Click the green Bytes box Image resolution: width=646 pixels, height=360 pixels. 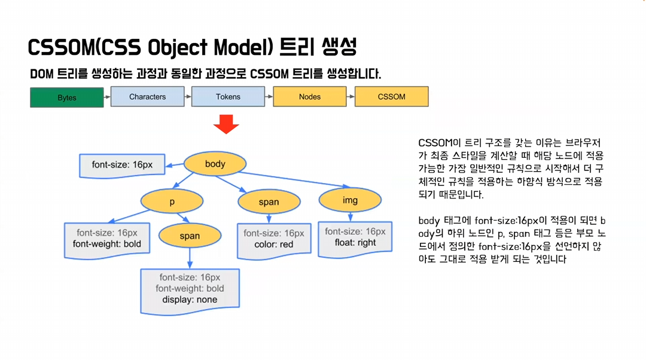[67, 97]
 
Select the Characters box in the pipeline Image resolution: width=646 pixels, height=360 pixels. [148, 97]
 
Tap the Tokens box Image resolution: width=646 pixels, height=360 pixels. [228, 97]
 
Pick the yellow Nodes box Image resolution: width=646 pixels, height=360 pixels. [310, 97]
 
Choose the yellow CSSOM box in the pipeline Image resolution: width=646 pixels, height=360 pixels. [391, 97]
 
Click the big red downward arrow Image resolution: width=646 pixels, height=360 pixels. [226, 124]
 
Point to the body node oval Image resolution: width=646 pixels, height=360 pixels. [215, 164]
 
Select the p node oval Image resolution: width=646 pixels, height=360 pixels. [172, 202]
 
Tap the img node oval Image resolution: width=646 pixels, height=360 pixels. [350, 200]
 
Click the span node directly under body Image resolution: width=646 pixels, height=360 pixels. [269, 202]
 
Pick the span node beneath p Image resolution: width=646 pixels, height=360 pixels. [190, 236]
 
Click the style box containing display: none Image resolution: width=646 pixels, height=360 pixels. [190, 291]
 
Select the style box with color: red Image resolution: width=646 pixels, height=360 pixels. [274, 241]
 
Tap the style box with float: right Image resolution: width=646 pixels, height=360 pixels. [355, 239]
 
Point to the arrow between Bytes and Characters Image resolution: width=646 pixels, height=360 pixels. [107, 97]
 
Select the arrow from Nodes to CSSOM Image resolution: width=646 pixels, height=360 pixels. [351, 97]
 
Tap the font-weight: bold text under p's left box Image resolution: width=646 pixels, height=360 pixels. [107, 244]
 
